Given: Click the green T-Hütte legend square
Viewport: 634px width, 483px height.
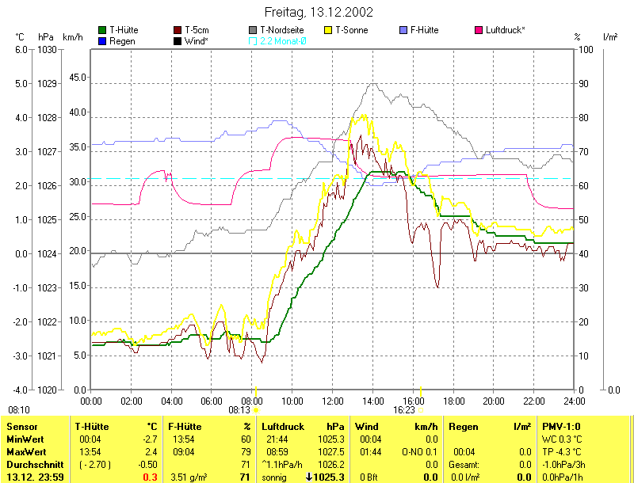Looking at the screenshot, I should (102, 30).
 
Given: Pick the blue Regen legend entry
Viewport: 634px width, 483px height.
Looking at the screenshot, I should (120, 40).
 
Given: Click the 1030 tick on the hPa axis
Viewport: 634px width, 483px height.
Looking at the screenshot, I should (46, 49).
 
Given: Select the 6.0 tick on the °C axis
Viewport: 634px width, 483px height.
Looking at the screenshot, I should (21, 49).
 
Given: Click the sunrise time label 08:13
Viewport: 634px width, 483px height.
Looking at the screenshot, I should (239, 410).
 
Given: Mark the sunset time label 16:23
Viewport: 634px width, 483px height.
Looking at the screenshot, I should (404, 410).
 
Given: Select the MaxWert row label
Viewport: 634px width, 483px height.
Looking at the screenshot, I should (23, 451).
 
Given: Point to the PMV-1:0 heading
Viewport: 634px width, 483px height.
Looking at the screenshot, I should (560, 426).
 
